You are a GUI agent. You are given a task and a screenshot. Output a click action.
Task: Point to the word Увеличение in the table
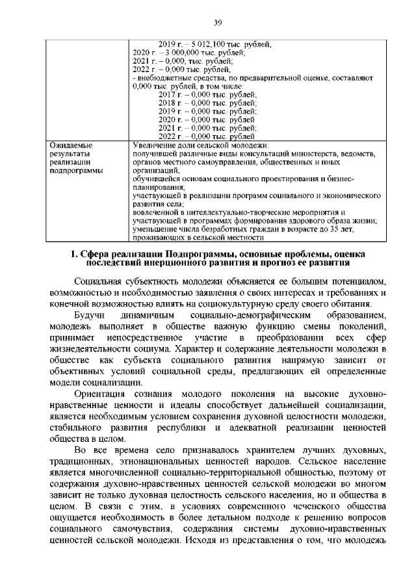(x=153, y=146)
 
